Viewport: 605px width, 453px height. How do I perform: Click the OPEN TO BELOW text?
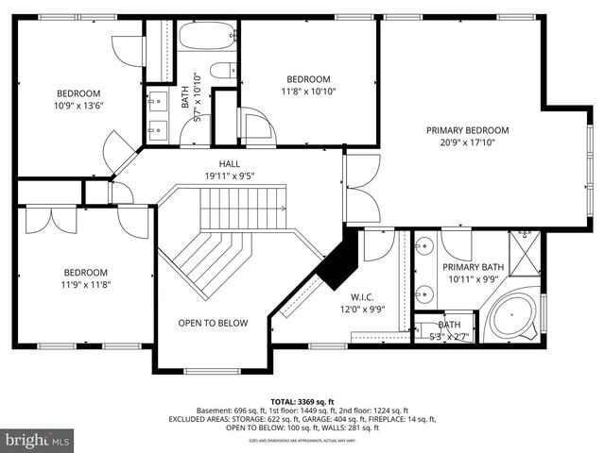coord(213,323)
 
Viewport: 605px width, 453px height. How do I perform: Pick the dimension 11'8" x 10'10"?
coord(308,92)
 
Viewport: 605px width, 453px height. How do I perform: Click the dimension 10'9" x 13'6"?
coord(78,106)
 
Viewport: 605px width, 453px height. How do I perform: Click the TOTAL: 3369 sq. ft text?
coord(302,399)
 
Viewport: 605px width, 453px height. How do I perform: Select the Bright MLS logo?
coord(38,440)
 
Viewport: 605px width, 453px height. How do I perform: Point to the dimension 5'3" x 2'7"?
coord(449,336)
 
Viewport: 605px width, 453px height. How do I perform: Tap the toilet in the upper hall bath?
coord(222,70)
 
